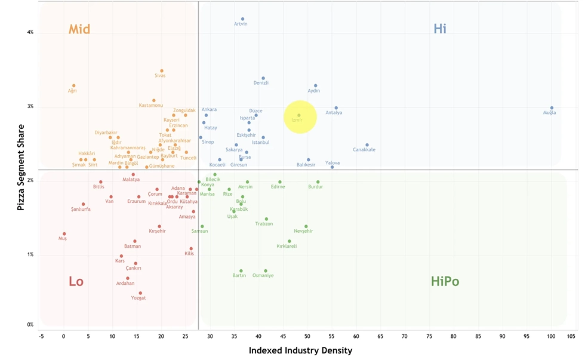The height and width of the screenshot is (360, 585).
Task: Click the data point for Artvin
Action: click(242, 19)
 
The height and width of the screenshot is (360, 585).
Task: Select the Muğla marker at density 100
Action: click(552, 108)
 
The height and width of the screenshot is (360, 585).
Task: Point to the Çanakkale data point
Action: click(367, 145)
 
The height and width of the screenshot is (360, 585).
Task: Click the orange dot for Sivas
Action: click(162, 71)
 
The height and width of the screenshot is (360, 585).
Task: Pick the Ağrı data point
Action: click(74, 86)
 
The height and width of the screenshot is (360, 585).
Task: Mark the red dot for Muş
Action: click(64, 234)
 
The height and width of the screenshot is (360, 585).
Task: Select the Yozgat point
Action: click(140, 293)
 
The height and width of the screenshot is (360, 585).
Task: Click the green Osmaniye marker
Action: click(266, 271)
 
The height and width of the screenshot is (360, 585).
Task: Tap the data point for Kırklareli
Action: click(290, 242)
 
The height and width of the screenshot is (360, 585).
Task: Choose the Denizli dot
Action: click(263, 78)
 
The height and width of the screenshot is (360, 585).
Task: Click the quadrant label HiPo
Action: click(445, 282)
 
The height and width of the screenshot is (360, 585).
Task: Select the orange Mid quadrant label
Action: click(82, 29)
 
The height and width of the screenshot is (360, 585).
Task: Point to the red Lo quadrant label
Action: click(76, 282)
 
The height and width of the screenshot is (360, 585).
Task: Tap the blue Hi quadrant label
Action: click(440, 29)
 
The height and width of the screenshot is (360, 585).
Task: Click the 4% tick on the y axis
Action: click(30, 32)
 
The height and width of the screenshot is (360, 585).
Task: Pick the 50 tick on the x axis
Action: click(307, 336)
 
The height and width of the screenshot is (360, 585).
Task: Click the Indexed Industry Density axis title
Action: click(300, 350)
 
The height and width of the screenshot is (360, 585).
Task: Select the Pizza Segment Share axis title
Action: click(21, 167)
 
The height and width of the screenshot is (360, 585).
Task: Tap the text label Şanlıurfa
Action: click(81, 210)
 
